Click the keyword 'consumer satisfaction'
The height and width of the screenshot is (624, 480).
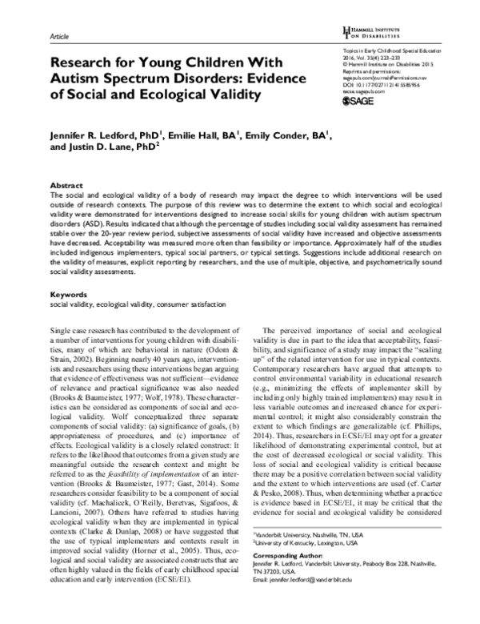[x=195, y=283]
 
